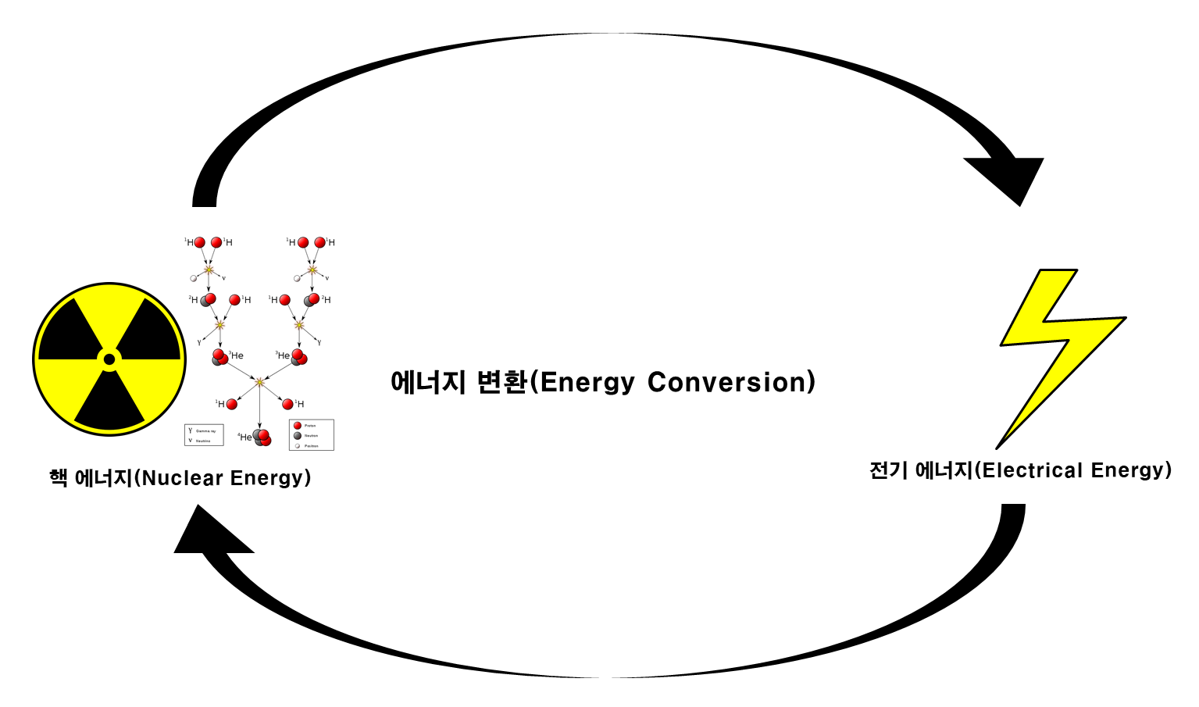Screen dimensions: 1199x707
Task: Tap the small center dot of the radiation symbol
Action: click(109, 359)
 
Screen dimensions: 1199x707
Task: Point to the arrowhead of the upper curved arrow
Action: click(1008, 176)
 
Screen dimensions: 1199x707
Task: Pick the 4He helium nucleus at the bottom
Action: click(262, 437)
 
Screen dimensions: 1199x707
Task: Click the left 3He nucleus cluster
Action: click(219, 358)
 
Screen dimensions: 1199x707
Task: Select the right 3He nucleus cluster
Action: click(298, 358)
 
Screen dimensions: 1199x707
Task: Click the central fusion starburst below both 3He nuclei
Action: click(259, 382)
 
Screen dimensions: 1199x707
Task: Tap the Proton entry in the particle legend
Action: click(305, 426)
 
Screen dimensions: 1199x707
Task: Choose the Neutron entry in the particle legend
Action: click(305, 436)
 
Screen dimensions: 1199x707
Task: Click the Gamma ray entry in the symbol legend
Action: click(202, 430)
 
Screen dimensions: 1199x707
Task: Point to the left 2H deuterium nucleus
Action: click(208, 300)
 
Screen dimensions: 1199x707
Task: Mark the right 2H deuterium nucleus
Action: click(312, 300)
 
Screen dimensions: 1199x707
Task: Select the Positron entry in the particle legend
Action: click(305, 446)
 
